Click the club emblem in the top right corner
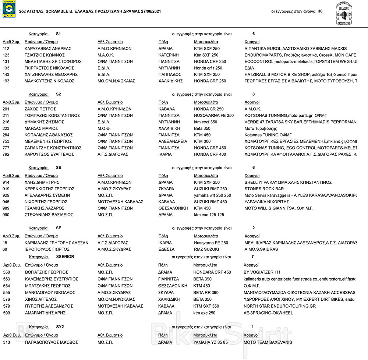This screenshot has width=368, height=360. point(344,14)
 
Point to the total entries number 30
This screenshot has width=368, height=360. point(320,11)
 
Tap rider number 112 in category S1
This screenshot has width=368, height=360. point(6,49)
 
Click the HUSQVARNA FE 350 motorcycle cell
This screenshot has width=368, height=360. point(213,116)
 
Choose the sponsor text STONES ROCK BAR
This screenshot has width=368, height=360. point(264,189)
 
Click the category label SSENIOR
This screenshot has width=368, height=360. point(65,256)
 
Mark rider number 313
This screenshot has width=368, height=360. point(7,342)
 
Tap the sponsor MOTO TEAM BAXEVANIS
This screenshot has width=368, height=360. point(268,342)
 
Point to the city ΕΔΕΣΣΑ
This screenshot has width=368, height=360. point(165,249)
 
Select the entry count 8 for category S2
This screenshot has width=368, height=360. point(254,94)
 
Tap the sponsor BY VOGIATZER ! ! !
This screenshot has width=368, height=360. point(262,272)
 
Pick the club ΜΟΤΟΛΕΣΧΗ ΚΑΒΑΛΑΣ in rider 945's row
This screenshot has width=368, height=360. point(120,202)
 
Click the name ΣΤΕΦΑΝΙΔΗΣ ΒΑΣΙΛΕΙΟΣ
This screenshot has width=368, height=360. point(49,215)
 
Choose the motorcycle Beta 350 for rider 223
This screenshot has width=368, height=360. point(202,128)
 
